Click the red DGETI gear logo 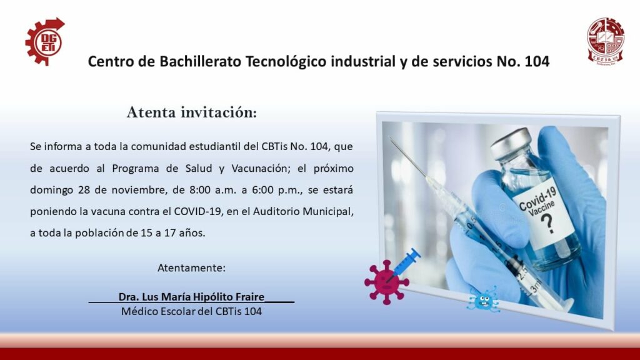[45, 42]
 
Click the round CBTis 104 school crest [606, 41]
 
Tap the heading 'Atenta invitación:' [192, 112]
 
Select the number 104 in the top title [537, 61]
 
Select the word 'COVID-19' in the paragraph [198, 211]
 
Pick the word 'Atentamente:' [191, 268]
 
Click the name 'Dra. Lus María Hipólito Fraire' [191, 297]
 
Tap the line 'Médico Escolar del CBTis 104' [191, 311]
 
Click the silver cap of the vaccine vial [511, 143]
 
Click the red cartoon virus [386, 282]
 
